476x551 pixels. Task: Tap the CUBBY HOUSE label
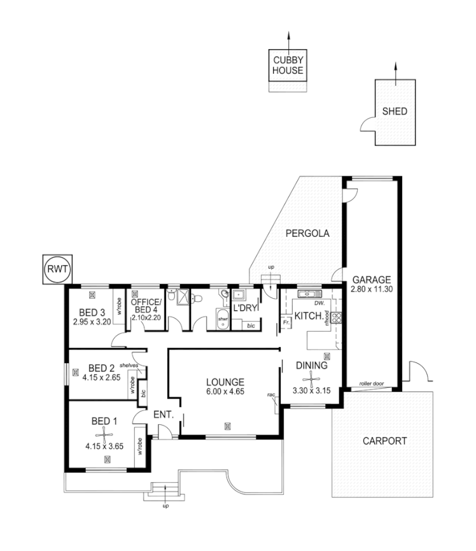click(288, 66)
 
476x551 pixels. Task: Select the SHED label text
click(395, 111)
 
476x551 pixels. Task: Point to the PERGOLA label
click(307, 233)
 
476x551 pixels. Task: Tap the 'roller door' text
click(372, 384)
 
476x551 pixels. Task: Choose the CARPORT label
click(384, 440)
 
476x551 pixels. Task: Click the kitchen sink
click(307, 294)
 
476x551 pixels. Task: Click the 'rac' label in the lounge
click(271, 395)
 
